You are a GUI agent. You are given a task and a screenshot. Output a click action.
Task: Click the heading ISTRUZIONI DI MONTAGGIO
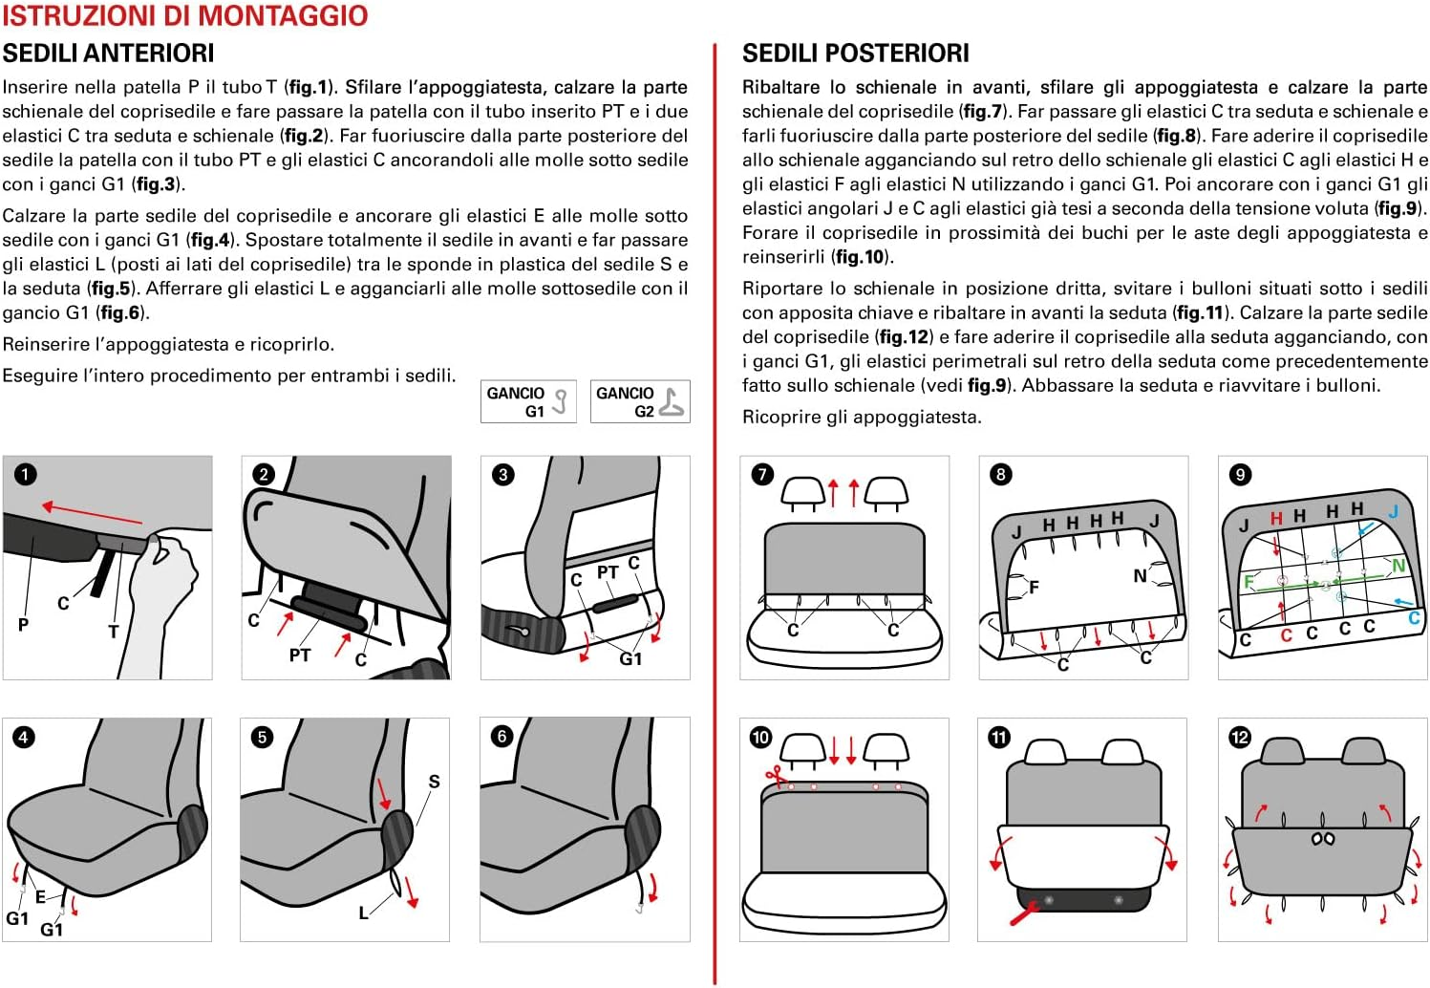click(184, 16)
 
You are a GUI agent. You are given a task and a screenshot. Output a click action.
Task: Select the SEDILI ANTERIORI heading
click(108, 54)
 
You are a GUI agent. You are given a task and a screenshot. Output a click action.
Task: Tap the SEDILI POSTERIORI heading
click(855, 54)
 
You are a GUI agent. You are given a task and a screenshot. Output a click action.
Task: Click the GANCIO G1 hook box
click(528, 401)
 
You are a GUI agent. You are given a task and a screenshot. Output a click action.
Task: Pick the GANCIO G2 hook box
click(640, 401)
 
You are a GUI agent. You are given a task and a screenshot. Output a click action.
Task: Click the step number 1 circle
click(25, 474)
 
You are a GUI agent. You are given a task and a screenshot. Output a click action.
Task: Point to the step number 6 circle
click(502, 736)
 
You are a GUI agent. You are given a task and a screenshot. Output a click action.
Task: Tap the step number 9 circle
click(1240, 475)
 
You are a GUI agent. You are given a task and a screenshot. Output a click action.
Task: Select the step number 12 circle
click(1240, 737)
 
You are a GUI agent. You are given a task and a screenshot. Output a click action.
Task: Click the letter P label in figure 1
click(23, 624)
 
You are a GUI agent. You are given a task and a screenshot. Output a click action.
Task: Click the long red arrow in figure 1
click(92, 514)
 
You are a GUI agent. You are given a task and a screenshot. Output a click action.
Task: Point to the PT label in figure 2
click(300, 655)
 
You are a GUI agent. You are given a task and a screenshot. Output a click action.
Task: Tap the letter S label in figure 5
click(435, 782)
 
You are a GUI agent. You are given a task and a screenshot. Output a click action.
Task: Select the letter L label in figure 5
click(363, 913)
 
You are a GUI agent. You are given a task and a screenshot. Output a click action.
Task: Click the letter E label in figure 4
click(40, 896)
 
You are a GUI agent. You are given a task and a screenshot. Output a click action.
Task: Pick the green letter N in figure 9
click(1398, 566)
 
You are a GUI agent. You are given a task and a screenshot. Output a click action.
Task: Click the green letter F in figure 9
click(1248, 582)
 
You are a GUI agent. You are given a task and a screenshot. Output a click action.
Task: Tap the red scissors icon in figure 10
click(775, 776)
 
